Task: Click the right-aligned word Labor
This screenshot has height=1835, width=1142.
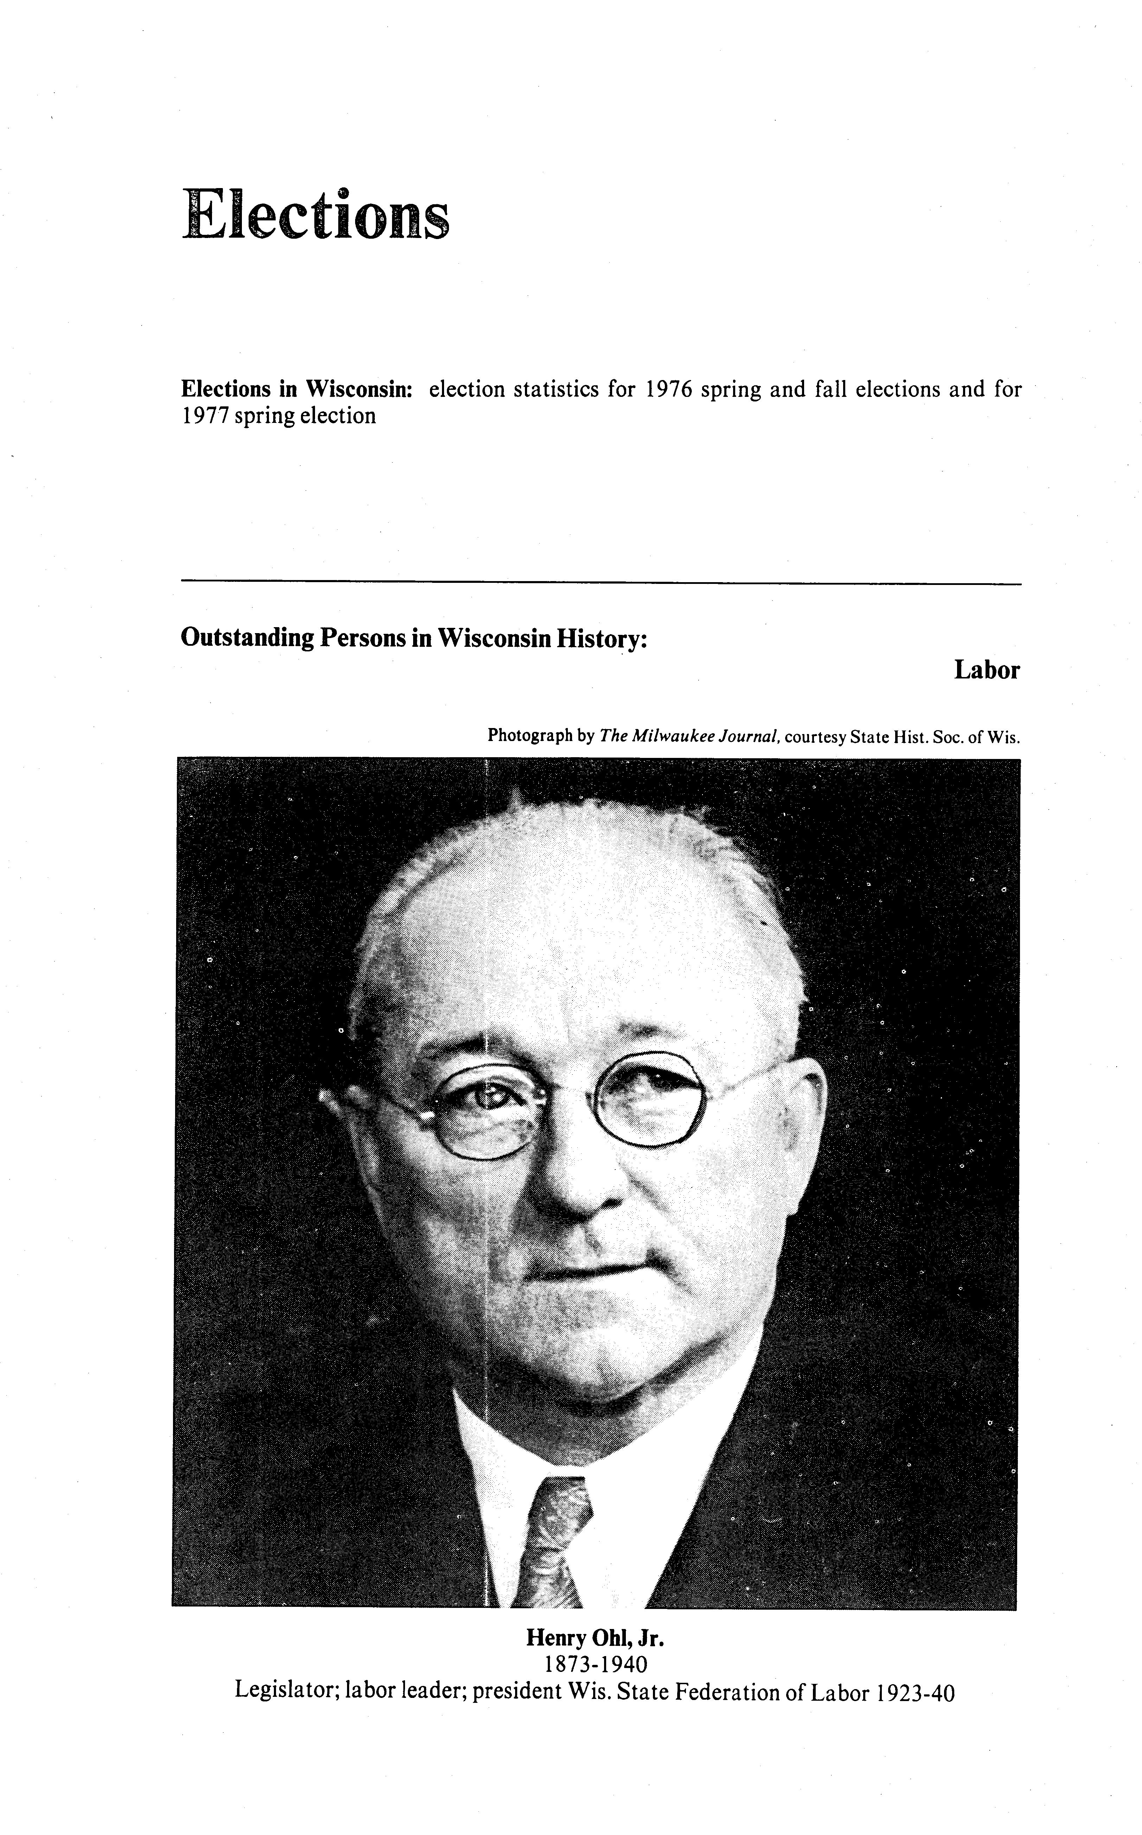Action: (986, 670)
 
